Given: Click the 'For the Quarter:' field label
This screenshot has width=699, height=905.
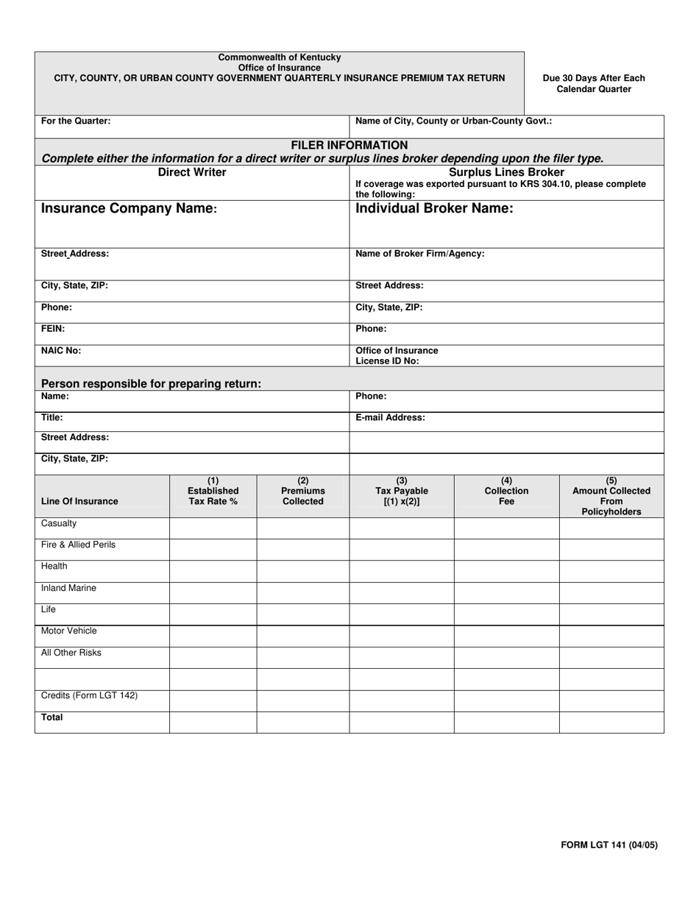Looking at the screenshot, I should (76, 121).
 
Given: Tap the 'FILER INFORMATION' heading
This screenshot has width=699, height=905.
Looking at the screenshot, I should (349, 145).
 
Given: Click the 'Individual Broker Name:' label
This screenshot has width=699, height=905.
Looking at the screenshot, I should (434, 208).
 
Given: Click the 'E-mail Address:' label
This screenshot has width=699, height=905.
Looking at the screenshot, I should (390, 417).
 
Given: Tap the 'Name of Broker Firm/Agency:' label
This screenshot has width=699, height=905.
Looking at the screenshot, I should (419, 253).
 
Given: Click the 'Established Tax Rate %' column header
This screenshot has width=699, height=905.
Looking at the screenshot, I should (213, 491).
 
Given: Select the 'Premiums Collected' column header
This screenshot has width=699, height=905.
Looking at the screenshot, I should (303, 491).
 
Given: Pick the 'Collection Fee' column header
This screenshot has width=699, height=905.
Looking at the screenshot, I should (506, 491).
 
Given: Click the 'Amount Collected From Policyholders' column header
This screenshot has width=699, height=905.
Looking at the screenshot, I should (611, 496).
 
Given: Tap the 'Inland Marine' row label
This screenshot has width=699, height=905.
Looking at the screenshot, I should (68, 588).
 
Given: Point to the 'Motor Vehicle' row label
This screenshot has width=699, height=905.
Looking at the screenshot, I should (69, 631).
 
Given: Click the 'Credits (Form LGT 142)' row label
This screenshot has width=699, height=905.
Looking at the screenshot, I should (89, 695).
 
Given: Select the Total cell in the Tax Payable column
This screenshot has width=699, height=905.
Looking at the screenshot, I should (401, 722).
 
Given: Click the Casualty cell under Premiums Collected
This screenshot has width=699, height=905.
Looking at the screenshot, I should (302, 528).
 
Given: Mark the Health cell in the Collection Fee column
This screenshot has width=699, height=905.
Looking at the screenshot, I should (506, 571).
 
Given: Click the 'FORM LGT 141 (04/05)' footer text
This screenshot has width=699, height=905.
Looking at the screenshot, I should (609, 845).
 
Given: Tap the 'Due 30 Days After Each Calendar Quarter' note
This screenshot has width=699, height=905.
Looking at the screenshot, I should (594, 83).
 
